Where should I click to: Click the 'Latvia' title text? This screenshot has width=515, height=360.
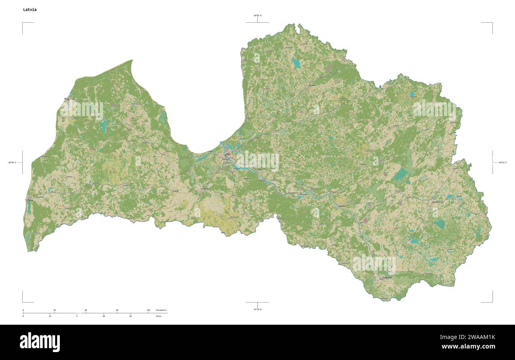[30, 10]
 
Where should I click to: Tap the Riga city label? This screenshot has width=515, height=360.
[228, 154]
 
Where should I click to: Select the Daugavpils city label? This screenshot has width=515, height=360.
[387, 278]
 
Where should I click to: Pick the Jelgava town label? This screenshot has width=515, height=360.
[205, 189]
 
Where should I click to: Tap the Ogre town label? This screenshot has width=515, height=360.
[260, 169]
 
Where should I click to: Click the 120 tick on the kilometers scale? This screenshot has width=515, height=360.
[148, 310]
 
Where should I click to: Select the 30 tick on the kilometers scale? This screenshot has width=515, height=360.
[54, 310]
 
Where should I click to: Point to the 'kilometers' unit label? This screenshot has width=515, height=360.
[161, 310]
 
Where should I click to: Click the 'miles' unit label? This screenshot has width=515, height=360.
[158, 316]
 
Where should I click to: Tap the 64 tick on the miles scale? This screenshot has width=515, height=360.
[131, 316]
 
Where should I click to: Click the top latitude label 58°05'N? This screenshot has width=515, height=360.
[257, 15]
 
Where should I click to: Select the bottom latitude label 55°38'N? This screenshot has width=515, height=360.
[257, 309]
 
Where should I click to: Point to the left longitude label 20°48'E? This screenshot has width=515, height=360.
[12, 163]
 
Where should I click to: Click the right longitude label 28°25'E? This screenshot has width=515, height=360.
[502, 163]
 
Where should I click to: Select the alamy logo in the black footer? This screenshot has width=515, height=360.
[40, 342]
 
